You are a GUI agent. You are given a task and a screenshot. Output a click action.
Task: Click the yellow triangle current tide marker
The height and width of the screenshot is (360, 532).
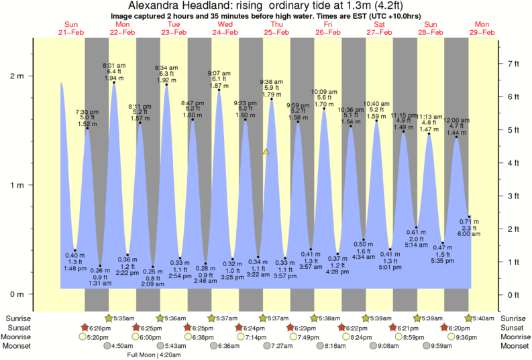coord(266,152)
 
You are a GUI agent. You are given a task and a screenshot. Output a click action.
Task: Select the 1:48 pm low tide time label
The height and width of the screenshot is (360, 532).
coord(74,268)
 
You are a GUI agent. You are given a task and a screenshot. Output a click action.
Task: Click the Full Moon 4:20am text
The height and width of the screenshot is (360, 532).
coord(162,355)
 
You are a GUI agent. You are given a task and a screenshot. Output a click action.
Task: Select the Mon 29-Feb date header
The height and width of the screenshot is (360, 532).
coord(482,28)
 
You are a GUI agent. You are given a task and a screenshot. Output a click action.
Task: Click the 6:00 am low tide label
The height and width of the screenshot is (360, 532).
coord(469,233)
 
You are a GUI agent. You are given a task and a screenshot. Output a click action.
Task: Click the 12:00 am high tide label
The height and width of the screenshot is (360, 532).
coord(458,119)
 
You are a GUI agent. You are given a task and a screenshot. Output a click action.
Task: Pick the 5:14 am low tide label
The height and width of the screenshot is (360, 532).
coord(415,245)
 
